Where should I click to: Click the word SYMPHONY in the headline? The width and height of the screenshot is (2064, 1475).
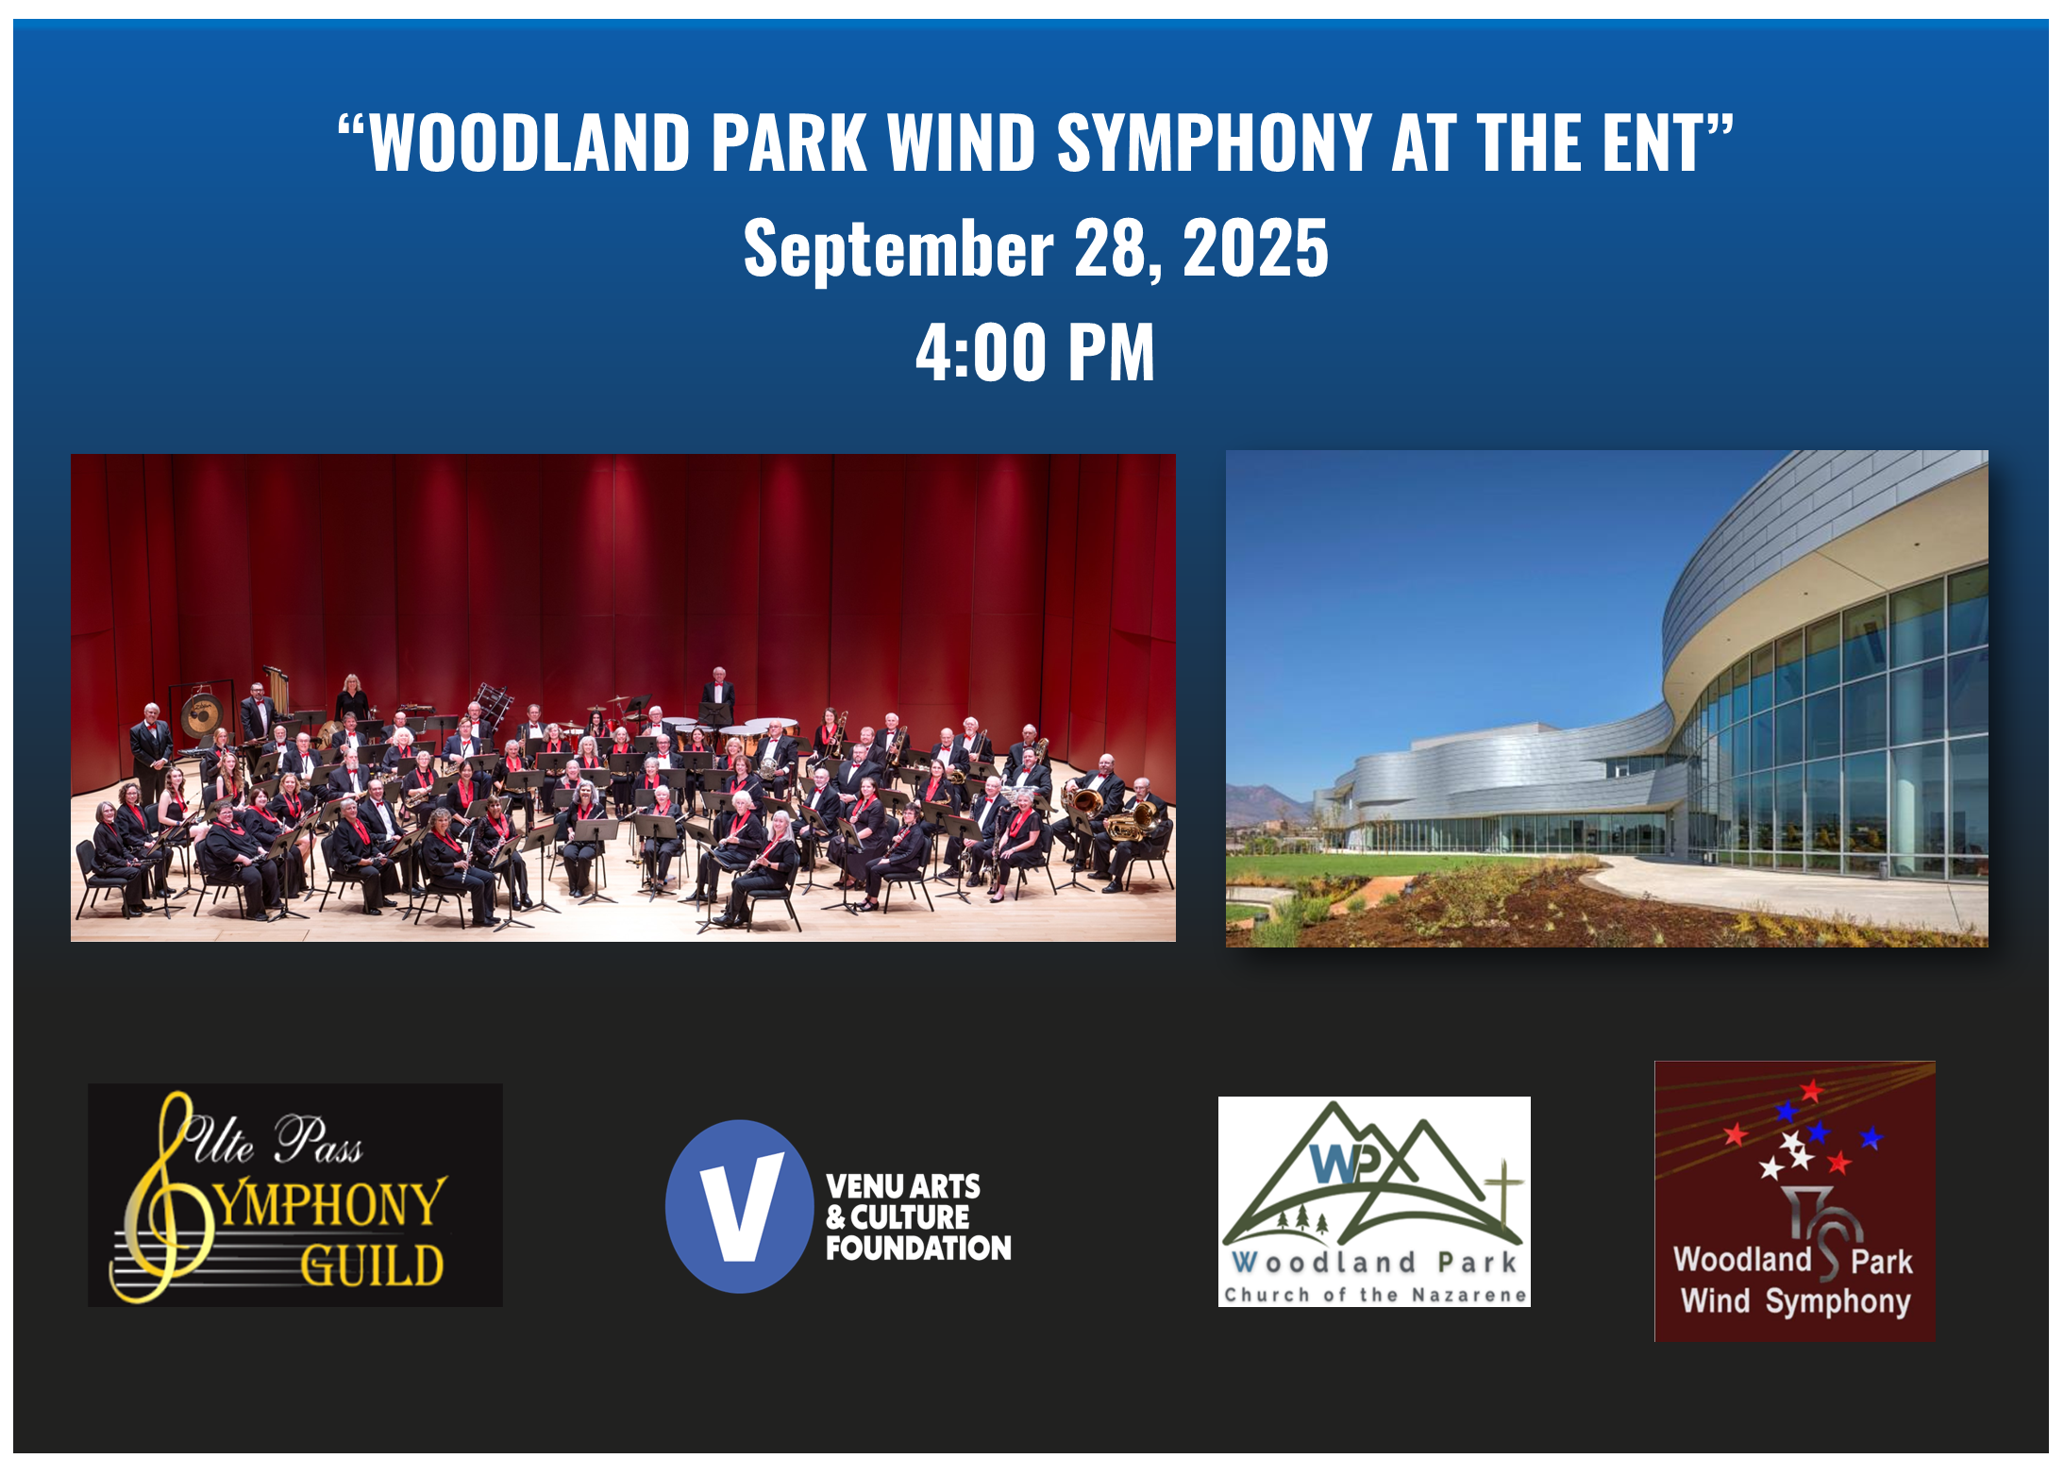point(1214,142)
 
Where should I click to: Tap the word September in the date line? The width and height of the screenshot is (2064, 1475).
point(898,247)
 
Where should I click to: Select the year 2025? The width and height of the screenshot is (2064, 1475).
point(1255,247)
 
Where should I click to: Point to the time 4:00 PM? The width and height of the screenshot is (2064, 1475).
point(1034,351)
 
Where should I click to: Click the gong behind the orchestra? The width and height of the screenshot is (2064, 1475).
point(200,716)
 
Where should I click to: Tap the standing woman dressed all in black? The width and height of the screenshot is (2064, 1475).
point(352,699)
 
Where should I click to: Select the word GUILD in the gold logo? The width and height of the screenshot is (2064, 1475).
point(372,1265)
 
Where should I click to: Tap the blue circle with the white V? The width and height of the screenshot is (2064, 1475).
point(740,1206)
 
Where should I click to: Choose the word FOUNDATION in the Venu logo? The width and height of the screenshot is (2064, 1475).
point(918,1248)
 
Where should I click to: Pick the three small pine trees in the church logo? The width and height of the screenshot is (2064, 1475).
point(1303,1220)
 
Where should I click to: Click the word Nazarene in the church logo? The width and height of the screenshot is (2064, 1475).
point(1468,1295)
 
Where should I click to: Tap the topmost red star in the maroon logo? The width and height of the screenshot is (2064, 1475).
point(1810,1091)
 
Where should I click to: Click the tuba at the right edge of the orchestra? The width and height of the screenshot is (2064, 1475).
point(1133,818)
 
